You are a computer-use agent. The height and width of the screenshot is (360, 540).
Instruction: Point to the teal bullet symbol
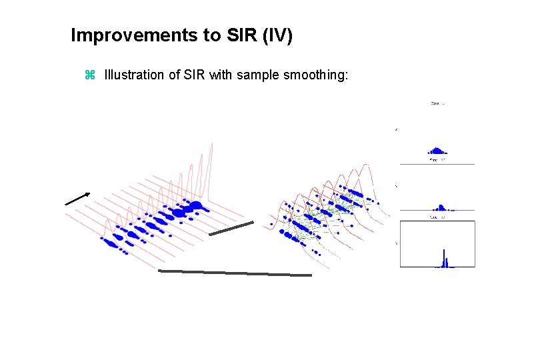coord(91,75)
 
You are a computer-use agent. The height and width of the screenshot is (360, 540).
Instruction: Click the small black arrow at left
coord(77,198)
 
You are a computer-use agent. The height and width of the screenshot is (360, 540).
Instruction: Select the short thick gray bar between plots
coord(231,227)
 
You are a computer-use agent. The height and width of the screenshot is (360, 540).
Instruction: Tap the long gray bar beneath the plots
coord(235,272)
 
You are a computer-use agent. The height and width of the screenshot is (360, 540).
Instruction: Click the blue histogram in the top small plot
coord(437,151)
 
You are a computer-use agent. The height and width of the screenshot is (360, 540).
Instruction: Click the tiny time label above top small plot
coord(437,103)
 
